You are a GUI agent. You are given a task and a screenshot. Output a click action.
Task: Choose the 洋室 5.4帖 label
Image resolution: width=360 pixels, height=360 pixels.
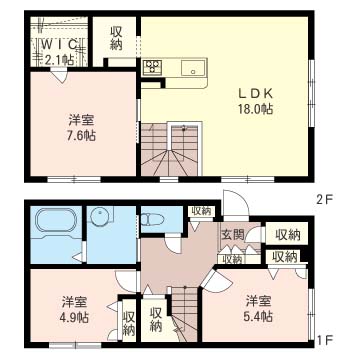click(258, 306)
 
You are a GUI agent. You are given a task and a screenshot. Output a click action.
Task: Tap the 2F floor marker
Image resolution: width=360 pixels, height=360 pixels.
click(324, 199)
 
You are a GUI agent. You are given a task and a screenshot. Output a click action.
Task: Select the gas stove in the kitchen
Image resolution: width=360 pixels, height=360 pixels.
click(153, 68)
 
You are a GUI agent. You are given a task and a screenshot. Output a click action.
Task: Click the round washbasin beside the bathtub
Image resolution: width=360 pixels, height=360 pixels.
click(101, 219)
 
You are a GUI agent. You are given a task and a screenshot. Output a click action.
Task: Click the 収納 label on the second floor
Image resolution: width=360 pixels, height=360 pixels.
click(117, 39)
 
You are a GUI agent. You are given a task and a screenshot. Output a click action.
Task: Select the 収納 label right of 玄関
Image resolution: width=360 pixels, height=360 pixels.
click(288, 234)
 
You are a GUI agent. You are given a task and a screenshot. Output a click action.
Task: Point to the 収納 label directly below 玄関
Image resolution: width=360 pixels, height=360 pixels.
click(231, 258)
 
